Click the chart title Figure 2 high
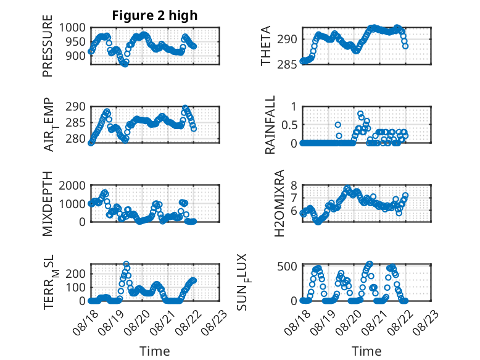155,15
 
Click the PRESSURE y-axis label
48,46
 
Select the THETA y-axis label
266,46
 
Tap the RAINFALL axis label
270,125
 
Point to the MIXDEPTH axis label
48,204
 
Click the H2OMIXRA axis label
279,203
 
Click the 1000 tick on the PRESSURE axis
72,28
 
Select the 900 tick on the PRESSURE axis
76,56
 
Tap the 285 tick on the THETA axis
288,65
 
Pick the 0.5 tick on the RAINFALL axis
289,125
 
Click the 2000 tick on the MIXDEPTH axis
72,185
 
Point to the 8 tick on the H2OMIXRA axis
294,185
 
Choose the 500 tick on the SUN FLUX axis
288,266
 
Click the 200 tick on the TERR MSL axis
76,274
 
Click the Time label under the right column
366,351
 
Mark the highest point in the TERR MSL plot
126,264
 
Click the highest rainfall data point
360,114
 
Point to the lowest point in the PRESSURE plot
125,64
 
